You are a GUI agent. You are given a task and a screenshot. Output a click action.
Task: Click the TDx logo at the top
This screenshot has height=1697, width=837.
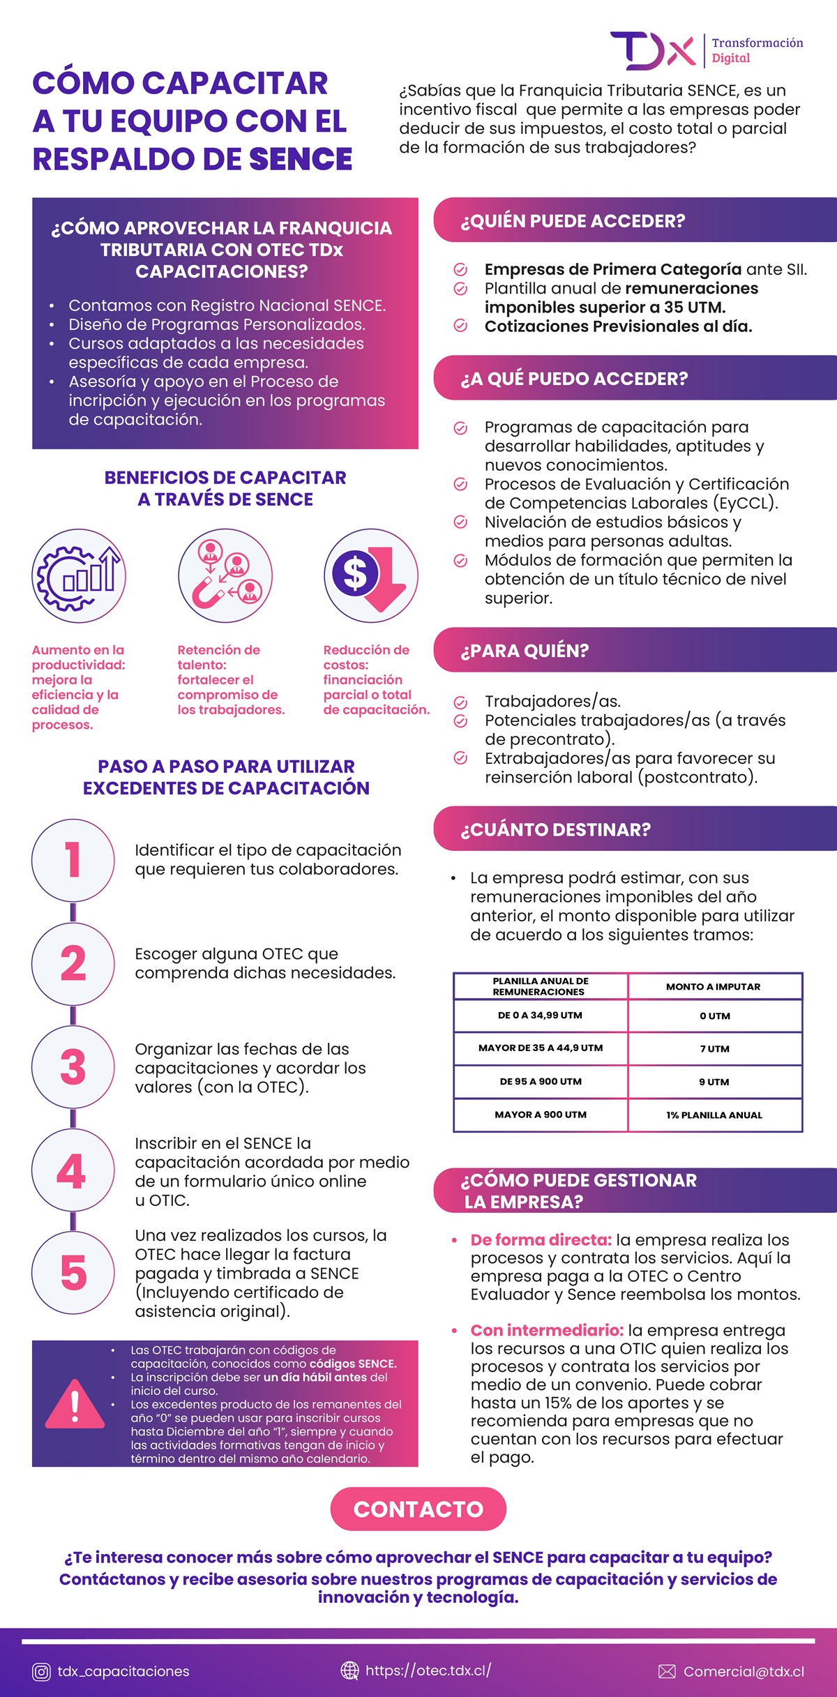click(653, 51)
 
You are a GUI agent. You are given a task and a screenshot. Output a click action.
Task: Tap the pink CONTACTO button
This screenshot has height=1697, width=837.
click(418, 1509)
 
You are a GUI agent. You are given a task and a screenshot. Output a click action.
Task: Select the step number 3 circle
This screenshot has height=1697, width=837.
click(73, 1067)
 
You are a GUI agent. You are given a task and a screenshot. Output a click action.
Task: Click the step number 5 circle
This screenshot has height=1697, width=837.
click(73, 1272)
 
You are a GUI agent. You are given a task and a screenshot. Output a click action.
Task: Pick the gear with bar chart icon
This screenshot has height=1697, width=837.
click(79, 576)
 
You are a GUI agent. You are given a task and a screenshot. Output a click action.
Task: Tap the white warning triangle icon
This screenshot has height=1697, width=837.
click(75, 1403)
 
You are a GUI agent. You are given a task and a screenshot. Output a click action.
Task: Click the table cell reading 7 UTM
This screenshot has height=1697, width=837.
click(715, 1048)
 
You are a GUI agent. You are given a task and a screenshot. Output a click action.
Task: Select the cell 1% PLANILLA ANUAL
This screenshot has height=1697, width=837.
click(715, 1115)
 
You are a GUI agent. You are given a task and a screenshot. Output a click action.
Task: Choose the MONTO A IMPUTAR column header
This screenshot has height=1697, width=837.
click(714, 986)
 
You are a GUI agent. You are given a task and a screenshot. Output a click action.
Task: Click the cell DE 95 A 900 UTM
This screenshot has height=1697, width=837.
click(541, 1081)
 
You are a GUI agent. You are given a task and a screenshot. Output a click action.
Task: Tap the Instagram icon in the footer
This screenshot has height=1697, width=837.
click(42, 1672)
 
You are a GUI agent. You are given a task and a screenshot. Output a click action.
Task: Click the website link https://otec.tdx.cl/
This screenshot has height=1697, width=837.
click(428, 1670)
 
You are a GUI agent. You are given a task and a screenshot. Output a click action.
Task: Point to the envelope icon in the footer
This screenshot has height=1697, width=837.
click(667, 1672)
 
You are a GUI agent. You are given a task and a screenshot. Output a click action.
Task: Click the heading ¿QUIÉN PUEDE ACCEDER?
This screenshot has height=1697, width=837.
click(573, 221)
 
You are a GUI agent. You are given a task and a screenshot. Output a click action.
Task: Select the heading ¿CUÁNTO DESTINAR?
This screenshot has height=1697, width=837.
click(555, 829)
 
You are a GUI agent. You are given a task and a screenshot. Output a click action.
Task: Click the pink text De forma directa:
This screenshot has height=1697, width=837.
click(541, 1239)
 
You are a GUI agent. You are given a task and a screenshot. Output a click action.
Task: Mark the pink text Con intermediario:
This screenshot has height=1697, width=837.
click(547, 1330)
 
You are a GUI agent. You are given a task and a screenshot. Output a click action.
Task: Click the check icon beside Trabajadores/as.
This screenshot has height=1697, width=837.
click(460, 702)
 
